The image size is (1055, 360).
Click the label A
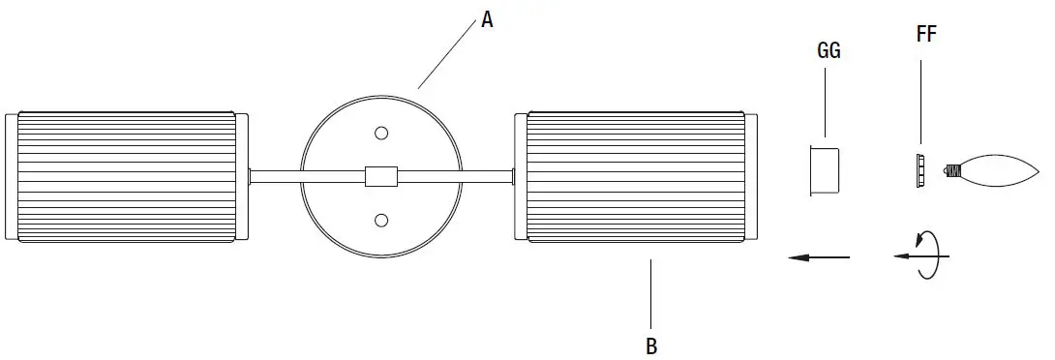point(487,19)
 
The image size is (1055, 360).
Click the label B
point(651,345)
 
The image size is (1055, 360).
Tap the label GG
point(829,51)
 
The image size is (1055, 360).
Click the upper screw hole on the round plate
point(381,133)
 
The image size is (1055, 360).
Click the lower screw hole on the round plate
point(381,221)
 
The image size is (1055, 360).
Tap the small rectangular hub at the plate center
point(381,177)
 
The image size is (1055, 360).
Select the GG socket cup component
point(825,171)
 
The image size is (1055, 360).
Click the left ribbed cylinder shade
point(128,177)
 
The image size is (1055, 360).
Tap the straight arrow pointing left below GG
point(818,257)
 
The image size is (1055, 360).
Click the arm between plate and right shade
point(455,176)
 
